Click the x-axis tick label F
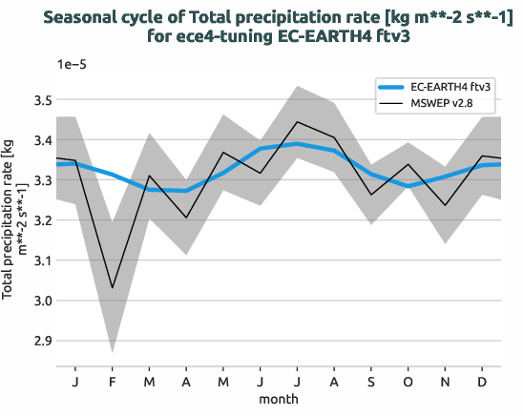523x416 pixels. (113, 381)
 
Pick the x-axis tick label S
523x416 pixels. (371, 381)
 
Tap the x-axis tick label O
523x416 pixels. (408, 381)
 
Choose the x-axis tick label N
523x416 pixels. (446, 381)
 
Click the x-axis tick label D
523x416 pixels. (483, 381)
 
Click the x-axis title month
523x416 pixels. (279, 398)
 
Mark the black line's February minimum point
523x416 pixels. (113, 288)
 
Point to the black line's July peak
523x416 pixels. (298, 122)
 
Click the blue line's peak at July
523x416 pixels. (298, 144)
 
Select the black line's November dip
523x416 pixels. (446, 205)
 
